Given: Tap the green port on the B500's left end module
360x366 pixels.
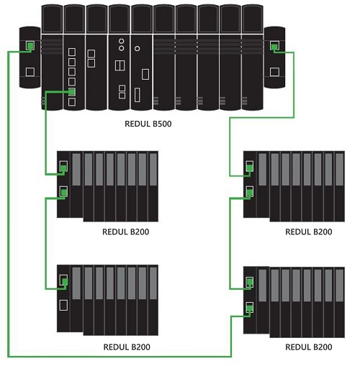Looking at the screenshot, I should (x=30, y=46).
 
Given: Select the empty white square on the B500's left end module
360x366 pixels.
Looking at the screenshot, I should (x=30, y=72).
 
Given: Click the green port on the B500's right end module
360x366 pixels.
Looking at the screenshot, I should (x=274, y=46).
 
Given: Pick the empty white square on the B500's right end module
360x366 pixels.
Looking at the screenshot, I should (x=274, y=72).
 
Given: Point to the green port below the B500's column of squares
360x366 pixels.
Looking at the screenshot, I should (x=71, y=91).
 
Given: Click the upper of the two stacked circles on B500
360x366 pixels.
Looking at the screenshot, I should (x=121, y=41).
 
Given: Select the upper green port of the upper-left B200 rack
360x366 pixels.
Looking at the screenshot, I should (x=63, y=168).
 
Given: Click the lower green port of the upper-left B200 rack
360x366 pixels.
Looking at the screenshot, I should (x=63, y=192).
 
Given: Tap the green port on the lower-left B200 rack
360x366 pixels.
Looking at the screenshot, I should (x=63, y=281).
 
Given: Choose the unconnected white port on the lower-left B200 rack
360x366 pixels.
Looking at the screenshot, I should (x=63, y=305).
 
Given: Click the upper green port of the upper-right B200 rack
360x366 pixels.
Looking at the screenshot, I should (x=250, y=168).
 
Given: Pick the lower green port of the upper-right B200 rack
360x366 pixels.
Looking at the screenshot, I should (x=250, y=192).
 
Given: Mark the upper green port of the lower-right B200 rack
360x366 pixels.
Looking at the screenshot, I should (x=250, y=283).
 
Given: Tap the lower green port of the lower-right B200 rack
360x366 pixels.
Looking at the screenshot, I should (x=250, y=308).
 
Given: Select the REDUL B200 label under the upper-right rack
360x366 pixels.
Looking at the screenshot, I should (x=309, y=232).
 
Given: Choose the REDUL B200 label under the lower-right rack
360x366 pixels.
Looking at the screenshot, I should (x=309, y=347).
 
